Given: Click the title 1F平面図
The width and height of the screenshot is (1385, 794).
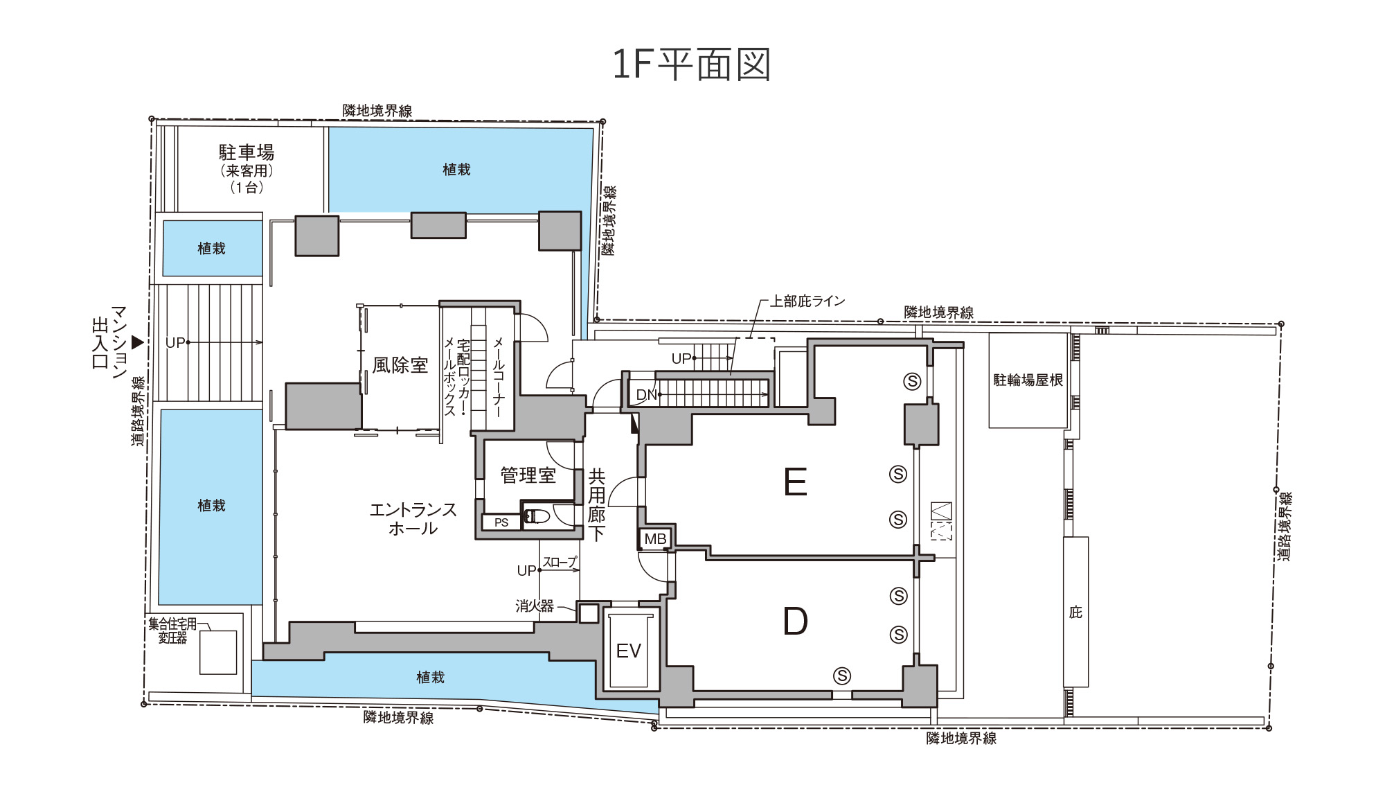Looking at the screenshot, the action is coord(691,64).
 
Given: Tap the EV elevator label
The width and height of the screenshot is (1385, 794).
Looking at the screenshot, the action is coord(629,651).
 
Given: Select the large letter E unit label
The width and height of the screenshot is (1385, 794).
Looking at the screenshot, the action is coord(796,482).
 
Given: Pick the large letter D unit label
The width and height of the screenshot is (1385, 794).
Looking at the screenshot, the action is coord(796,621).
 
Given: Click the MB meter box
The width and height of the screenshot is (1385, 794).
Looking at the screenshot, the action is coord(655,538).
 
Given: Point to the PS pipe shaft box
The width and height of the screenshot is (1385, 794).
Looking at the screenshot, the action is coord(501,522).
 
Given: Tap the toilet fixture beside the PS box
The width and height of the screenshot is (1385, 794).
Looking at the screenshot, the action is coord(537,516).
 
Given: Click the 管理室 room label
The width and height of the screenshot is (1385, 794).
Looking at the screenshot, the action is coord(528,475).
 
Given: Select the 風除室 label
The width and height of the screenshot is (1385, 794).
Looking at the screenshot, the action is coord(400,365).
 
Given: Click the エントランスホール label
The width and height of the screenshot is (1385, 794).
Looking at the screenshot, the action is coord(413,519).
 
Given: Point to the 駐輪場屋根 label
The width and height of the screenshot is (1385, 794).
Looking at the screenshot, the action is coord(1028,380).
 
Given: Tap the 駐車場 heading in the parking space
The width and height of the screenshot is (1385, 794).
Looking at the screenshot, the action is coord(247,152).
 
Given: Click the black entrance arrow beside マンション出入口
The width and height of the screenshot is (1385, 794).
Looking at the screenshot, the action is coord(138,342).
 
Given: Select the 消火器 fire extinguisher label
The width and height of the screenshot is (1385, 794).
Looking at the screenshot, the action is coord(535,606).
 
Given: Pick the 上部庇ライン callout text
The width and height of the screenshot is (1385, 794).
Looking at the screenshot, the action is coord(807,301).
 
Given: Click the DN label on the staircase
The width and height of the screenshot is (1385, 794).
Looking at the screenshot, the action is coord(646,395).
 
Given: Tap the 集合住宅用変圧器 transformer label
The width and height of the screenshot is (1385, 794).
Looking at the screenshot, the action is coord(172,630).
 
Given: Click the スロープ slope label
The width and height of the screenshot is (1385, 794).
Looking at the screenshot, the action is coord(560,562).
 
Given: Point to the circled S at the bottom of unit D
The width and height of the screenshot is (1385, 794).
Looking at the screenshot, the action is coord(842,676).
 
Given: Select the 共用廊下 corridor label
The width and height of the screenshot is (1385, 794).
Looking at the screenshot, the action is coord(597,504).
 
